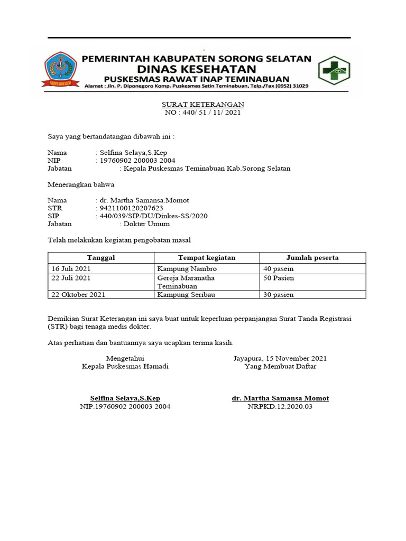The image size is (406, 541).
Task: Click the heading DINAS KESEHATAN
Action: (197, 69)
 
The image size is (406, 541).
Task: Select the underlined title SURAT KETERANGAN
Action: (203, 105)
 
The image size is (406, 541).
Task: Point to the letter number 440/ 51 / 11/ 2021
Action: (204, 113)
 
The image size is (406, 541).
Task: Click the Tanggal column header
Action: (101, 258)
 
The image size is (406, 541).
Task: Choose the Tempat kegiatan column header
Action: (207, 258)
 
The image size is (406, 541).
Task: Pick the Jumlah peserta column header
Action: (312, 258)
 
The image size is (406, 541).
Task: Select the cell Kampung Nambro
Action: (183, 268)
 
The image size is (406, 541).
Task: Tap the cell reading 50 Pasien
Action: (279, 278)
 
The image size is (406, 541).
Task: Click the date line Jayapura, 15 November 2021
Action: (280, 358)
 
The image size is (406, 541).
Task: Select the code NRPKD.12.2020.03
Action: (280, 406)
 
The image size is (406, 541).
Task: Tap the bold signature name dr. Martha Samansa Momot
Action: (280, 398)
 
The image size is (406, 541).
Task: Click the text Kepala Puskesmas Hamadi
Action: (125, 366)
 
